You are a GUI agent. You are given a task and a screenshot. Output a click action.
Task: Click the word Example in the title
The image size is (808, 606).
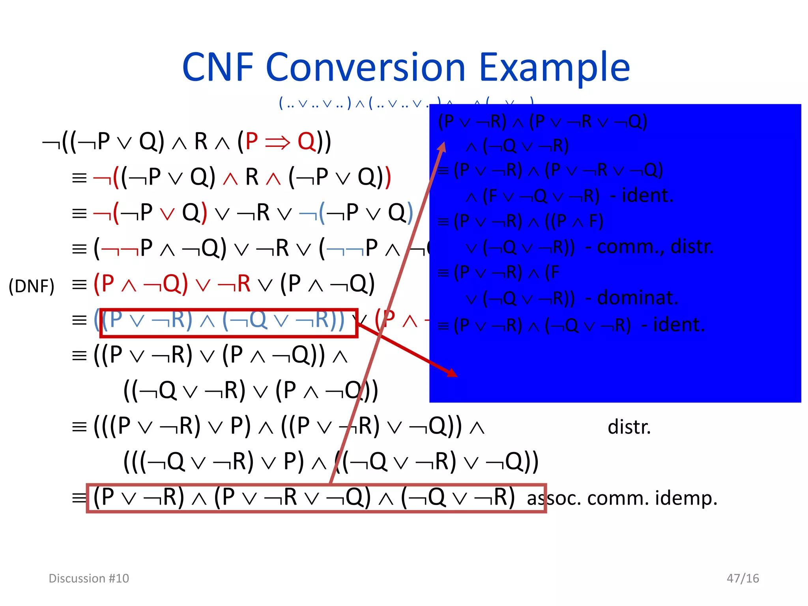point(554,68)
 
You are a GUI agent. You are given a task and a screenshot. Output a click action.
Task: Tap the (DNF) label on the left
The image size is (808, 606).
point(32,286)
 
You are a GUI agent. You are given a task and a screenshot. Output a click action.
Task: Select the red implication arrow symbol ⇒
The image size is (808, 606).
point(278,142)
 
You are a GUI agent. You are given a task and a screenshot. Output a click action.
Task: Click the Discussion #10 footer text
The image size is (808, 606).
point(89,578)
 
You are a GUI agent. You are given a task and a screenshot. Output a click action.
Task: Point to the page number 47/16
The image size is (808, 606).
point(743,578)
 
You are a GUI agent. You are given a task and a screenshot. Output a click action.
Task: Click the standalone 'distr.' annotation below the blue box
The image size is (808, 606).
point(629,427)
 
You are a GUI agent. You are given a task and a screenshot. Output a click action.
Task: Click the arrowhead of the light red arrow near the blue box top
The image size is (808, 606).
point(443,147)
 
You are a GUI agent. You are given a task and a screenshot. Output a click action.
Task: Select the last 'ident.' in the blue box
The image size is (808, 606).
point(679,325)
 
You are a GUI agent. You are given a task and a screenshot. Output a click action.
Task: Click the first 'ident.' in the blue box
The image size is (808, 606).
point(647,195)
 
